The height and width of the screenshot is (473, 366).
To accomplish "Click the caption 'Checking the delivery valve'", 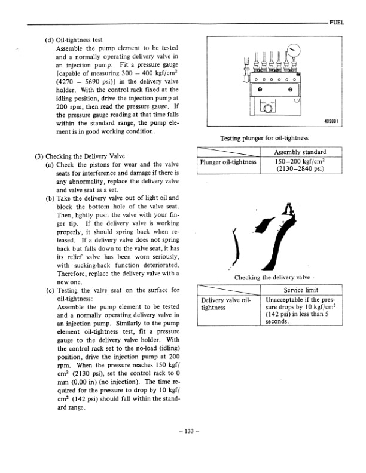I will (272, 278).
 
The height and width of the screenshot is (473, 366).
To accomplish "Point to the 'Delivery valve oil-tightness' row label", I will (225, 304).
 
